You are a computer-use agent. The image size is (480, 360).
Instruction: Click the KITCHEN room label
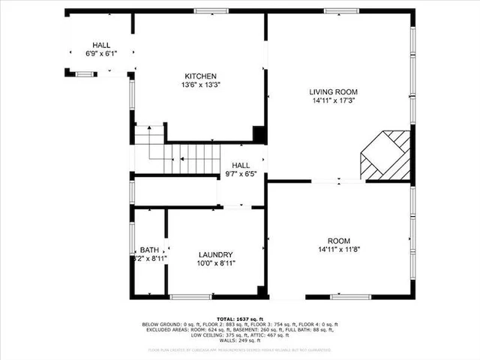tap(201, 76)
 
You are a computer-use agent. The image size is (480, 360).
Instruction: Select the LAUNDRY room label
tap(215, 255)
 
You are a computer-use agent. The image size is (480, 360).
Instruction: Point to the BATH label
tap(149, 250)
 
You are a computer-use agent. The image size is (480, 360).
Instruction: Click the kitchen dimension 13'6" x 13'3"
tap(201, 85)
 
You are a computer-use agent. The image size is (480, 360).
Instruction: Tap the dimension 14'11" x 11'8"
tap(339, 249)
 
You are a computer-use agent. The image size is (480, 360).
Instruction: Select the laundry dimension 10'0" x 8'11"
tap(215, 263)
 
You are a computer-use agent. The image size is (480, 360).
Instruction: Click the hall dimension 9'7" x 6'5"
tap(241, 174)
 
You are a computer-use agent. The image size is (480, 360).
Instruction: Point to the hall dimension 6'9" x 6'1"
tap(100, 54)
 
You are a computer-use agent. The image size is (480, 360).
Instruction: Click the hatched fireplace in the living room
tap(386, 154)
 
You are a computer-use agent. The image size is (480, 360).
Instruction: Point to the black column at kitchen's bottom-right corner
tap(259, 134)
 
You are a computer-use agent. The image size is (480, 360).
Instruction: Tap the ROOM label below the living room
tap(339, 240)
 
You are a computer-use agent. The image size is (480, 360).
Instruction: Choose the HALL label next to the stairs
tap(241, 165)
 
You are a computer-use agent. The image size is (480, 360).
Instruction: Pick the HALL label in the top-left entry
tap(100, 45)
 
